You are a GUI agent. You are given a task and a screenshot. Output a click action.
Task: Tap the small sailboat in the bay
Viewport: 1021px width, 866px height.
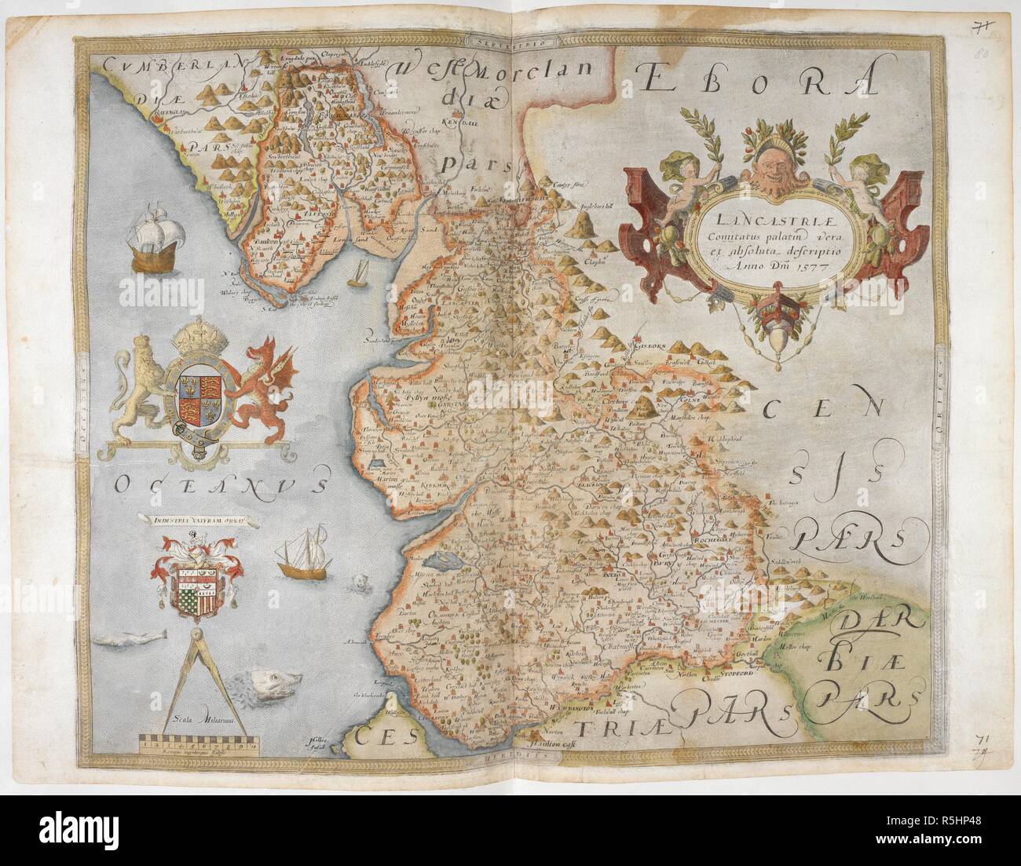coord(360,272)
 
